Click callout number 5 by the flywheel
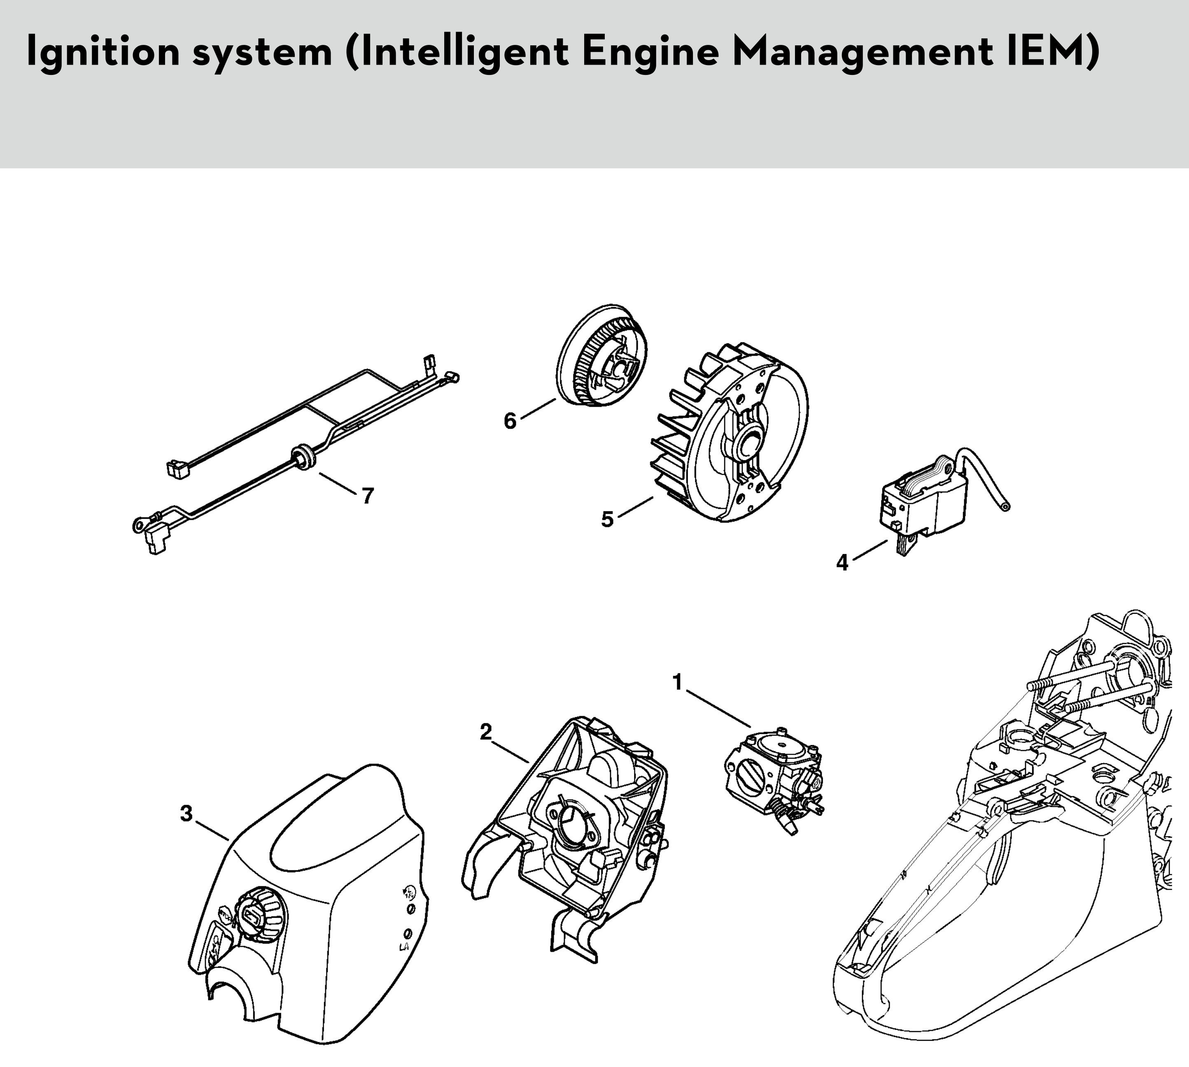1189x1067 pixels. point(607,519)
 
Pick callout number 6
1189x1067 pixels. point(510,421)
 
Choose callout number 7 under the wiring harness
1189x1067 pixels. point(368,496)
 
